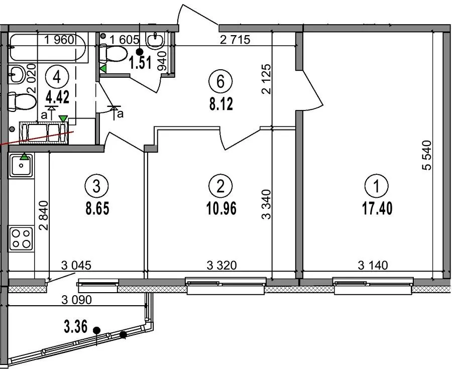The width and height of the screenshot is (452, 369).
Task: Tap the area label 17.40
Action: coord(377,208)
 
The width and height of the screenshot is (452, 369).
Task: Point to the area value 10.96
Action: coord(221,208)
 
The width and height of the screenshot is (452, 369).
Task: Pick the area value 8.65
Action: coord(97,208)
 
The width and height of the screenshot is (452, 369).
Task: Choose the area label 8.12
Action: coord(221,104)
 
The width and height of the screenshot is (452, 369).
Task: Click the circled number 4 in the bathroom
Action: coord(57,77)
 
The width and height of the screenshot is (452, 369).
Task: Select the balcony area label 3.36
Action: coord(75,327)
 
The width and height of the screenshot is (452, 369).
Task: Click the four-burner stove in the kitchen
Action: coord(21,238)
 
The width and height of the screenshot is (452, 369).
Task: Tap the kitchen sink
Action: coord(21,165)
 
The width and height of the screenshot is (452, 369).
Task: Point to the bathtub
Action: coord(48,48)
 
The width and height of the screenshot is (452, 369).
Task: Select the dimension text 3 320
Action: coord(221,265)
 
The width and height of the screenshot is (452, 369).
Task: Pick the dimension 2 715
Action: coord(235,40)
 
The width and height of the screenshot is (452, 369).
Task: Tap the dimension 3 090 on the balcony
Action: coord(77,300)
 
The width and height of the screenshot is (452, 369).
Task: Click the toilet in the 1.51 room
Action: coord(113,53)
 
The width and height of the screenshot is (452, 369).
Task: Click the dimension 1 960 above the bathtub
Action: coord(59,40)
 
